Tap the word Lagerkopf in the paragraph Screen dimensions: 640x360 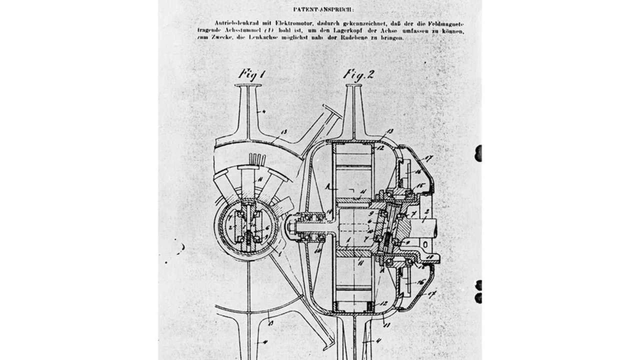click(x=367, y=31)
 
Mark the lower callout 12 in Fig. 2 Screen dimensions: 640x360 click(x=383, y=304)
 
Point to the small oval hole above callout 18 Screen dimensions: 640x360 click(x=425, y=245)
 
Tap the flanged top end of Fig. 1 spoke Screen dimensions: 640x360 click(x=248, y=86)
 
